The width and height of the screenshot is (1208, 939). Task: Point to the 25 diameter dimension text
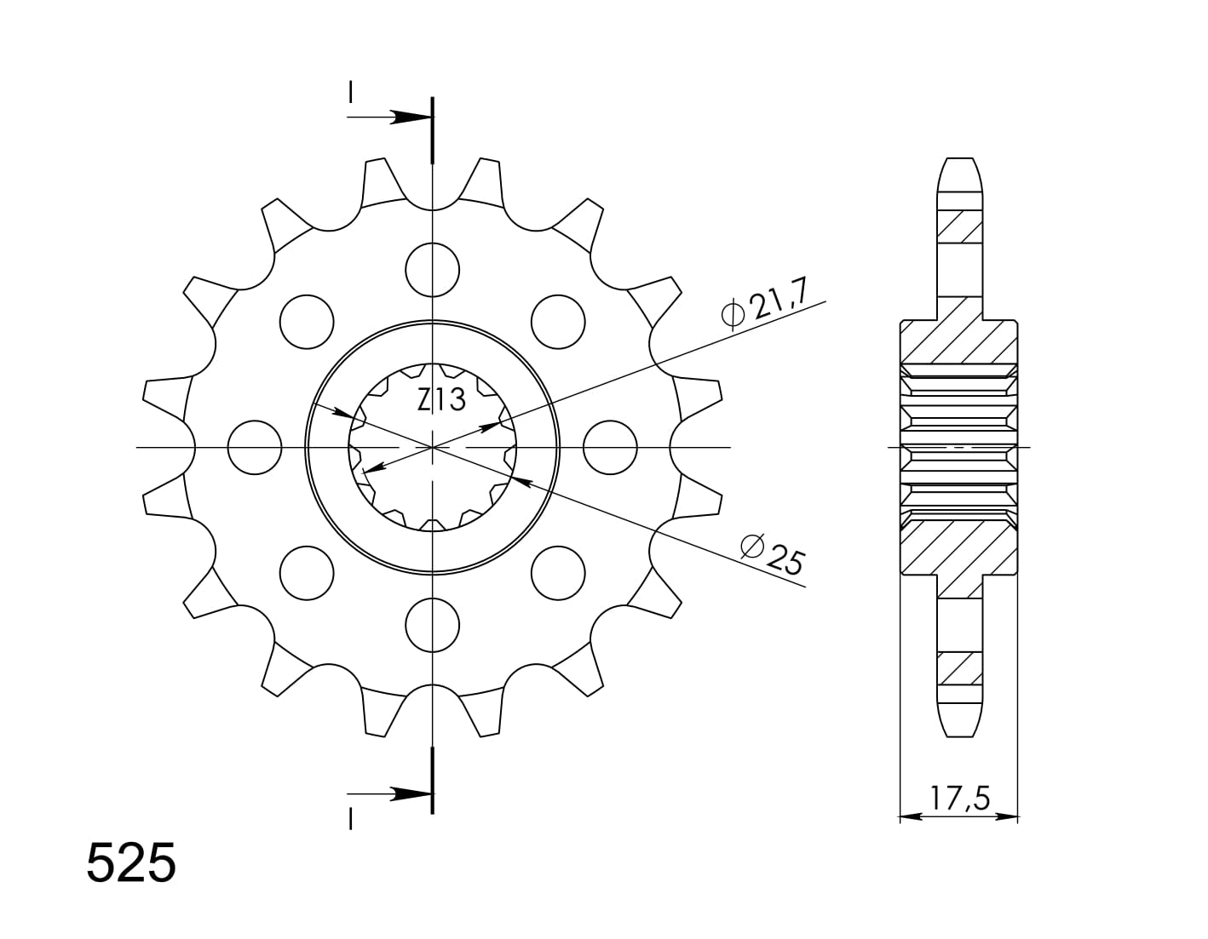pos(785,558)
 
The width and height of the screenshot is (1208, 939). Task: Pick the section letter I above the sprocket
pos(350,93)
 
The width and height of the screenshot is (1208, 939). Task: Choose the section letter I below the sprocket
pos(350,818)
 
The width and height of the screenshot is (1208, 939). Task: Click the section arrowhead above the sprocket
pos(412,117)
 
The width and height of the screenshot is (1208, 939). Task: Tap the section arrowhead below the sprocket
pos(412,794)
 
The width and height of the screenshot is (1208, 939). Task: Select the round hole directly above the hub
pos(432,269)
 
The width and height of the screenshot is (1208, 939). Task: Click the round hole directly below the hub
pos(432,624)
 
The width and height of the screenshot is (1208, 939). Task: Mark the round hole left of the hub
pos(255,447)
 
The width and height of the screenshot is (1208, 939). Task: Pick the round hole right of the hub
pos(611,447)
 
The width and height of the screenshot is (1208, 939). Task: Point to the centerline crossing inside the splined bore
pos(433,447)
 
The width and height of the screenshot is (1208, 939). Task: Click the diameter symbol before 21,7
pos(732,315)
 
